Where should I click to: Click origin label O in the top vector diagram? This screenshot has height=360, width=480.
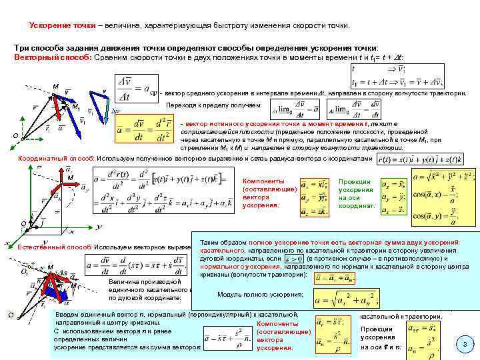[x=15, y=137]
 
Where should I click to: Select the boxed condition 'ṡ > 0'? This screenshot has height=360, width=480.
[x=293, y=259]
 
